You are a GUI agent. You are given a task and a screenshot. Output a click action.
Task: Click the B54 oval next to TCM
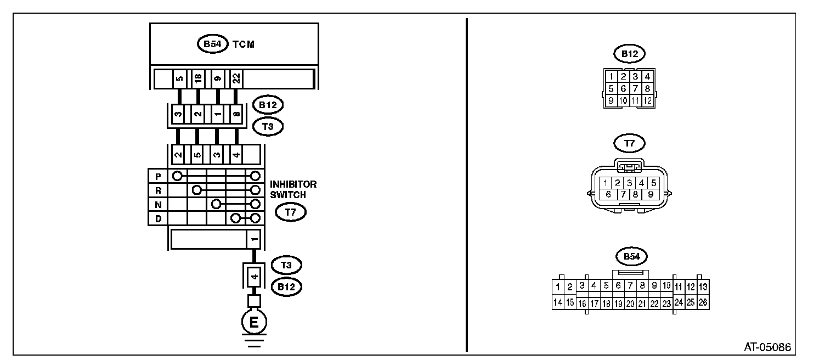(212, 44)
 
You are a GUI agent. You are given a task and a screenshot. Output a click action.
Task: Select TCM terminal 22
(236, 78)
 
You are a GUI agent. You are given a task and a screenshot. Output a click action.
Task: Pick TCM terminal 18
(198, 78)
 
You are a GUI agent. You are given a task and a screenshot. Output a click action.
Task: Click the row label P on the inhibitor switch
(158, 176)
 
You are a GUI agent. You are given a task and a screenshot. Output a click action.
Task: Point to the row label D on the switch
(158, 218)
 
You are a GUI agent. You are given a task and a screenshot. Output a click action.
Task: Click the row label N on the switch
(158, 204)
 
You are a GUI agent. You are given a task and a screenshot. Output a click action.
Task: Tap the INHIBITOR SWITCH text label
(293, 189)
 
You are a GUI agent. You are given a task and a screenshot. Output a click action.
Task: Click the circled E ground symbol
(254, 322)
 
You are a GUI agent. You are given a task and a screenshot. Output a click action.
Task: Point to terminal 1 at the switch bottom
(254, 240)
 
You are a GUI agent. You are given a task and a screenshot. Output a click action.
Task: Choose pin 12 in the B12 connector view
(647, 100)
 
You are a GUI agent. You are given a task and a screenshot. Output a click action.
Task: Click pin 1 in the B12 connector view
(611, 76)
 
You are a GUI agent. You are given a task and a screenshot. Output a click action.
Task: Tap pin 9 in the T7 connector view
(650, 194)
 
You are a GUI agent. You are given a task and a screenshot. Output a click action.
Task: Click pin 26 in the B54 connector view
(703, 302)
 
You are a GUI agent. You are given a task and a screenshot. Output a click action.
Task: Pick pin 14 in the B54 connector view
(558, 302)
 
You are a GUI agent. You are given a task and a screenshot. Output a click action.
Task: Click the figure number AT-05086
(767, 347)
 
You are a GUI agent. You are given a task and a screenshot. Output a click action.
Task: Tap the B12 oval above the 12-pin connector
(629, 54)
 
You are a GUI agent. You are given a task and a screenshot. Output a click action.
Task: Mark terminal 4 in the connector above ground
(254, 276)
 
